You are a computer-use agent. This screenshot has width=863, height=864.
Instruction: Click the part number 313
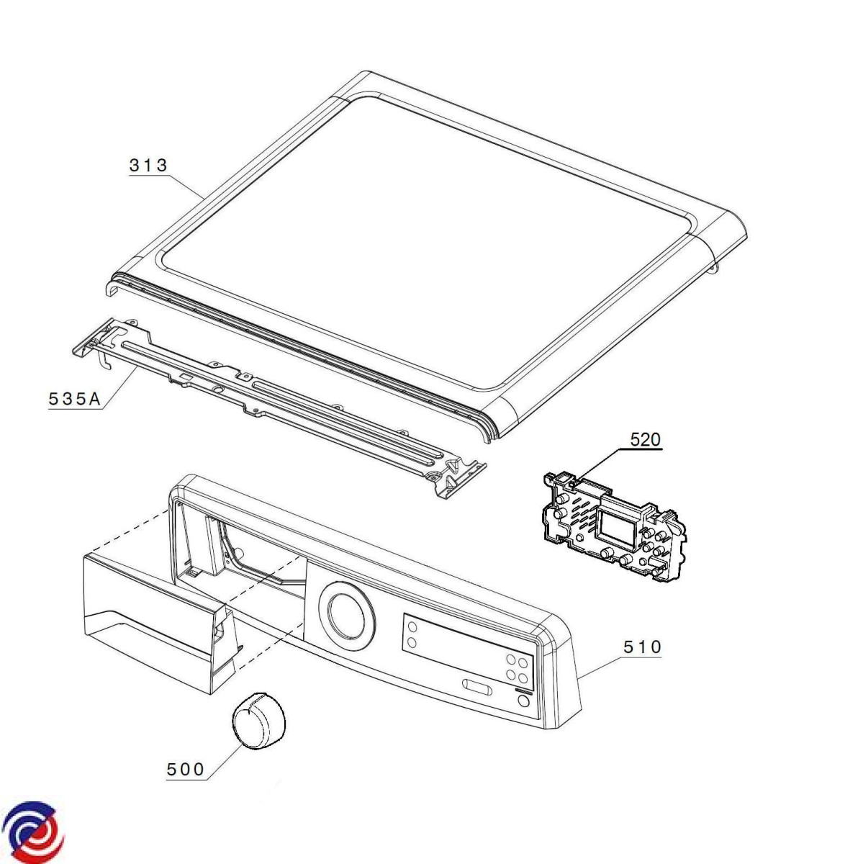[x=148, y=165]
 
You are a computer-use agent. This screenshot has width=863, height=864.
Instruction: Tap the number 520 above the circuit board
[x=645, y=439]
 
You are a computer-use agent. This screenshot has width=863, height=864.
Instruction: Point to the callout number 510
[x=641, y=647]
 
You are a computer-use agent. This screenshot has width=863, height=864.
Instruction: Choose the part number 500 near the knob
[x=185, y=769]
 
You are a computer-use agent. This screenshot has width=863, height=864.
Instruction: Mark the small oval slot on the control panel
[x=477, y=685]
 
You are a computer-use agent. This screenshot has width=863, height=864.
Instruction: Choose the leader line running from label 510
[x=599, y=662]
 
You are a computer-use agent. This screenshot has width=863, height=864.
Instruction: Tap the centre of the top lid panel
[x=432, y=238]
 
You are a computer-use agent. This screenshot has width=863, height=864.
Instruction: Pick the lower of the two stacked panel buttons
[x=412, y=642]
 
